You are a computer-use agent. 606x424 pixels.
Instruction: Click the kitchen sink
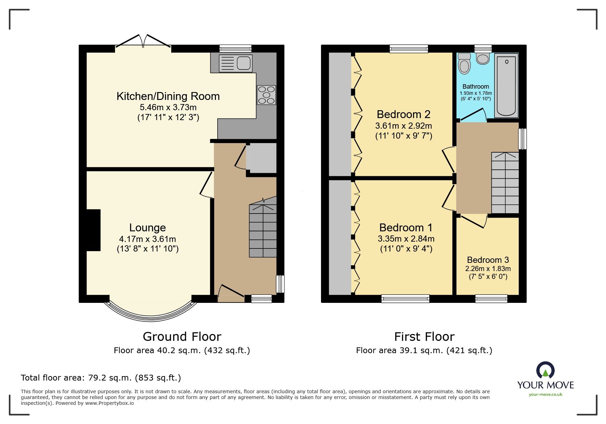(x=236, y=63)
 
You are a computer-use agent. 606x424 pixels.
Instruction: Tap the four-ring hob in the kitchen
(x=266, y=95)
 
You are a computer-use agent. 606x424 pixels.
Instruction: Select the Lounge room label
(x=147, y=228)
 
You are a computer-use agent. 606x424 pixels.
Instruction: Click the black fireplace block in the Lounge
(x=93, y=230)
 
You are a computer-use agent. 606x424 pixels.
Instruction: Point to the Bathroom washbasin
(x=483, y=59)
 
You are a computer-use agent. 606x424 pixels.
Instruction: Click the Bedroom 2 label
(x=403, y=114)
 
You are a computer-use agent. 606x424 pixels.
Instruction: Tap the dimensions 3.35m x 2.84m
(x=406, y=239)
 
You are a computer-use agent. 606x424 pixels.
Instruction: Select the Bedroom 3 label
(x=488, y=260)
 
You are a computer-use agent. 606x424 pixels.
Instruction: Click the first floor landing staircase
(x=505, y=183)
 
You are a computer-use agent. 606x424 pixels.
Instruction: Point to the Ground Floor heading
(x=182, y=337)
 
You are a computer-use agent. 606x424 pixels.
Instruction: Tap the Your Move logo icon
(x=545, y=371)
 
